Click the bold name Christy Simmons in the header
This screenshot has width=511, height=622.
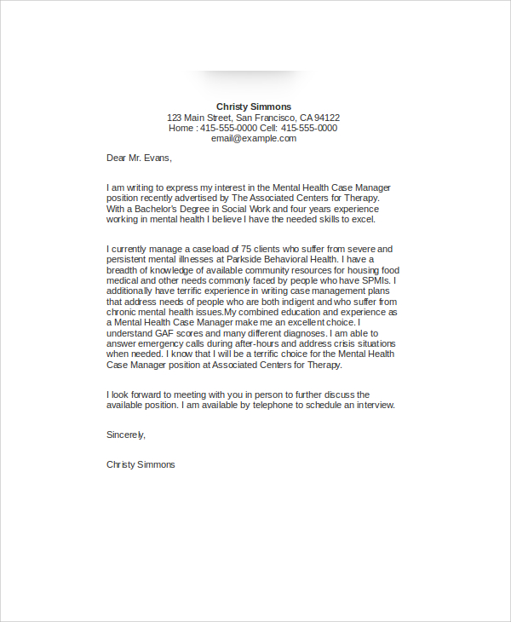point(254,107)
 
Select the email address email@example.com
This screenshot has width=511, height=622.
point(254,138)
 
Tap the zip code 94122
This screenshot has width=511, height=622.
point(327,118)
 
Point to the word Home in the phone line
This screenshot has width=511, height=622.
point(181,128)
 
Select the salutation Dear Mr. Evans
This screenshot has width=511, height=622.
point(139,158)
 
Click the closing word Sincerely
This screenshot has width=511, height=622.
point(126,435)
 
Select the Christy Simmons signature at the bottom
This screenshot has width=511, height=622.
point(141,464)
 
